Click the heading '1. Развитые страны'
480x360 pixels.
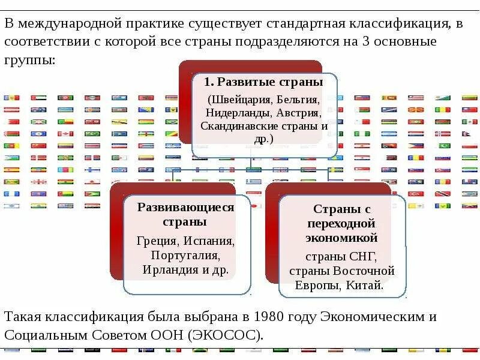click(263, 82)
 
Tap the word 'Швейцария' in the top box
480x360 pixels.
click(239, 99)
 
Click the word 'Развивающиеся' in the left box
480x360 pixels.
click(186, 208)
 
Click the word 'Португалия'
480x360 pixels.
click(185, 255)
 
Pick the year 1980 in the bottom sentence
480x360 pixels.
click(271, 317)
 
